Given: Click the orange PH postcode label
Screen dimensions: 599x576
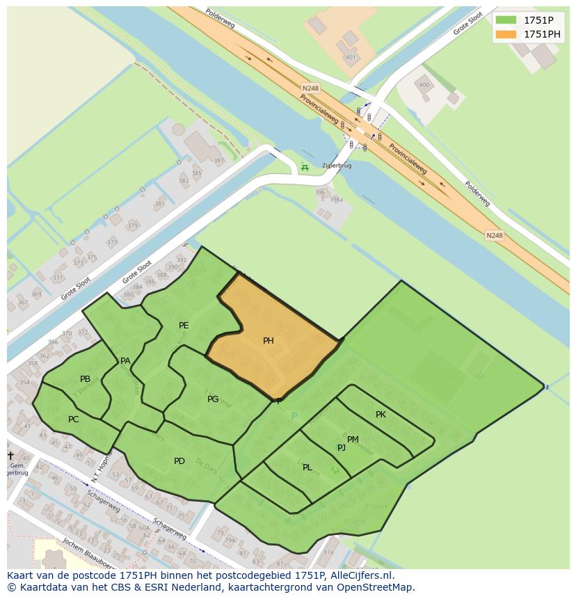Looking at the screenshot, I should tap(268, 341).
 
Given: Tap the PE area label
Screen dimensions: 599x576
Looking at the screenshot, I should tap(184, 325).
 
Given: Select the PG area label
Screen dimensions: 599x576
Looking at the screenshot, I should tap(213, 399).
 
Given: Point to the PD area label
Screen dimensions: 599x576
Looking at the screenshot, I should tap(179, 461).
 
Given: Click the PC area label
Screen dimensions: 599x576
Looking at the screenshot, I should tap(73, 419).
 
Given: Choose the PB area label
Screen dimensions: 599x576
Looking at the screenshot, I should tap(85, 378).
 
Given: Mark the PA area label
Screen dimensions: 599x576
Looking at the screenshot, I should tap(125, 360).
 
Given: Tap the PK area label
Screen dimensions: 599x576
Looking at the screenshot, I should tap(381, 414).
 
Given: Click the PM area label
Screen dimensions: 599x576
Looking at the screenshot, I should tap(353, 439).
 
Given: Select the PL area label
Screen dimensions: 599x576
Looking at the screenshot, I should tap(307, 467).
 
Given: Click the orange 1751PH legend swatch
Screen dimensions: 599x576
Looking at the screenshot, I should tap(506, 34).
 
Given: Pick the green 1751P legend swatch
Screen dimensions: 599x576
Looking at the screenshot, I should tap(506, 19).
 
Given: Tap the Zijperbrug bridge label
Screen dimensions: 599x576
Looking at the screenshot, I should tap(337, 166).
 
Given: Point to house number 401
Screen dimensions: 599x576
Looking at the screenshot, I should tap(350, 57).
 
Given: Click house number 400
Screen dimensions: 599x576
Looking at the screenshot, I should tap(424, 86).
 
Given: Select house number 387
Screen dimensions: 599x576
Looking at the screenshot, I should tap(219, 161).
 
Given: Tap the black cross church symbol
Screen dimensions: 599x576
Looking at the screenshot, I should tap(10, 456).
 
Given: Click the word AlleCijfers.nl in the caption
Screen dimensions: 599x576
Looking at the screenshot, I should tap(360, 575).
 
